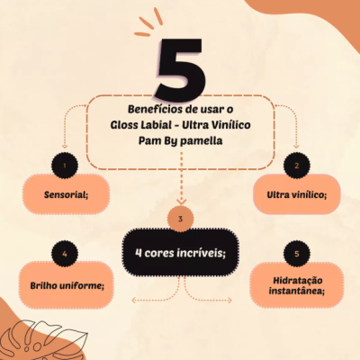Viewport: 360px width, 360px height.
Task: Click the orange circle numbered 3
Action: click(x=180, y=219)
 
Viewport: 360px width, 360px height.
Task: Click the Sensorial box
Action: click(x=62, y=193)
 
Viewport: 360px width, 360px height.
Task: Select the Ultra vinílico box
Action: click(x=296, y=193)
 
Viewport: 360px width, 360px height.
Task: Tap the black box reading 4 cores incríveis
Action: click(x=180, y=252)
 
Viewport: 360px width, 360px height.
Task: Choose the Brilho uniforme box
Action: click(x=62, y=285)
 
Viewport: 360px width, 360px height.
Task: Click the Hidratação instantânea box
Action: click(x=296, y=284)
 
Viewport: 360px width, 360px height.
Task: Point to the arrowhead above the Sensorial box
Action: click(x=62, y=146)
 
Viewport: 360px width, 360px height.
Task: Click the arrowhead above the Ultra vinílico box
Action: click(x=296, y=146)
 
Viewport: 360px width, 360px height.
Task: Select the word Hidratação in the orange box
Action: click(x=296, y=279)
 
